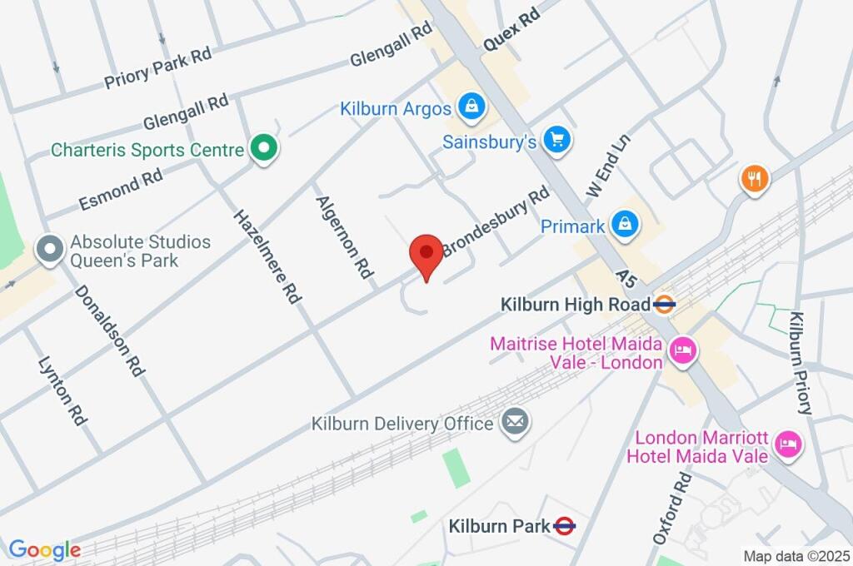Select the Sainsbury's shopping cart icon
(x=556, y=140)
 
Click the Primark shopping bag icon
(x=623, y=223)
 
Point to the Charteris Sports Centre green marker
(x=265, y=149)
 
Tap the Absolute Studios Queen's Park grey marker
(x=51, y=249)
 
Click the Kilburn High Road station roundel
(x=664, y=305)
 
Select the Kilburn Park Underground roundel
(x=565, y=525)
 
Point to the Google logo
(x=45, y=549)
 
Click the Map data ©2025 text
(x=796, y=555)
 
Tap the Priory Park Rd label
(x=158, y=67)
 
